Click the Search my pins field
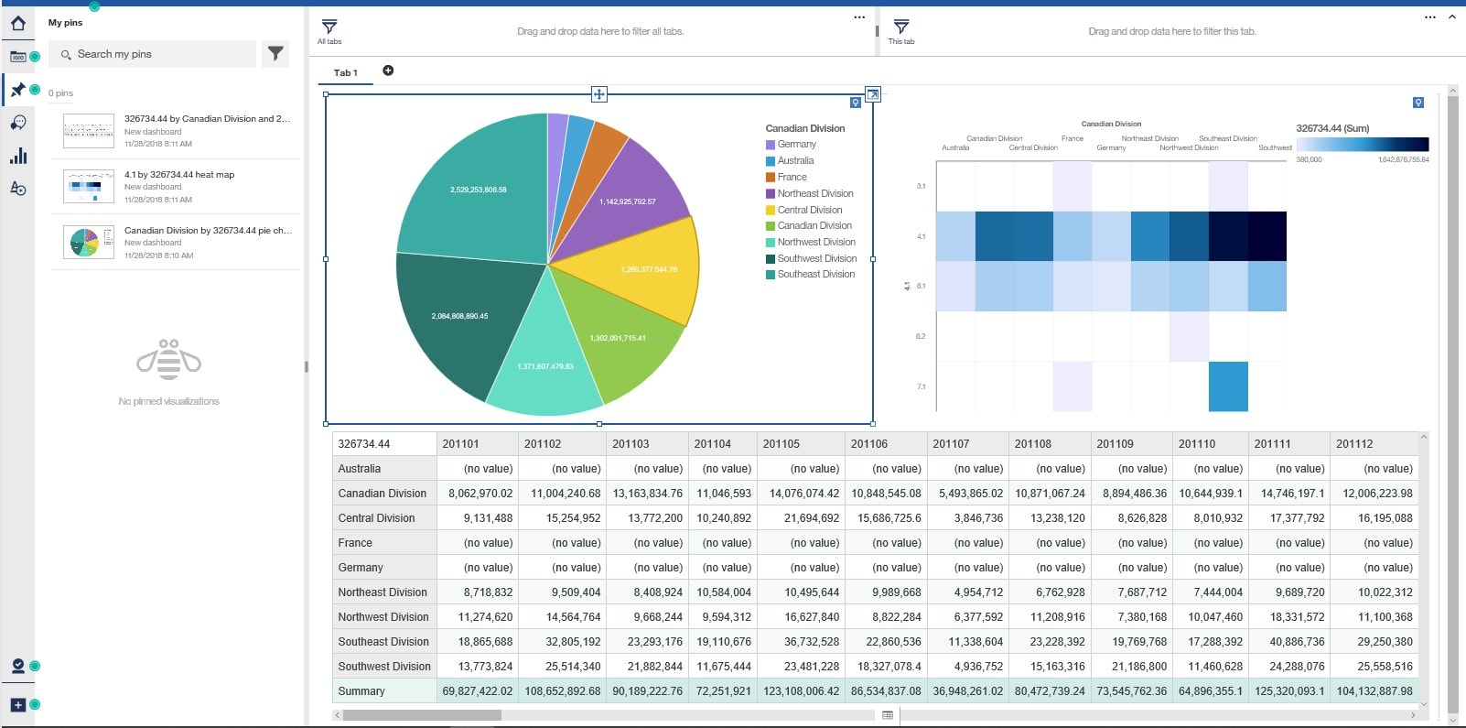click(156, 54)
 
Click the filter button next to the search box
click(275, 54)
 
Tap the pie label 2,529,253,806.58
click(478, 190)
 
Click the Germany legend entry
click(796, 145)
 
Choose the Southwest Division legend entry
click(816, 258)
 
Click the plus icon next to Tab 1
click(388, 71)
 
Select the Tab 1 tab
click(345, 72)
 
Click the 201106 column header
click(868, 444)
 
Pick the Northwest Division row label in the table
click(383, 617)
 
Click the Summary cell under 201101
click(477, 691)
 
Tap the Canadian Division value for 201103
click(647, 494)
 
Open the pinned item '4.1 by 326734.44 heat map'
click(179, 175)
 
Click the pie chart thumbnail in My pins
click(89, 243)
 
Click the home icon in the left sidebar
click(17, 23)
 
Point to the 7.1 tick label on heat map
click(921, 386)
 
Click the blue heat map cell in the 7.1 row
click(1228, 386)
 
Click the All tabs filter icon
click(329, 27)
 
